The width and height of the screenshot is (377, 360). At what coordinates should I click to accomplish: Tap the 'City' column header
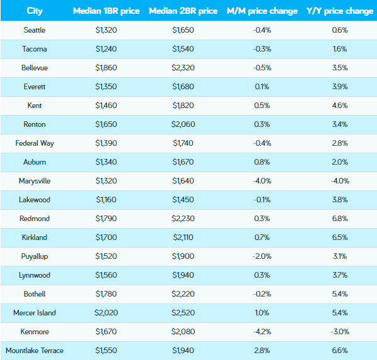[35, 11]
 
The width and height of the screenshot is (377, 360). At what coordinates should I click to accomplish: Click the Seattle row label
[35, 30]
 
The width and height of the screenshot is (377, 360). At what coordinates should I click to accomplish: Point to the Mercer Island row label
[35, 313]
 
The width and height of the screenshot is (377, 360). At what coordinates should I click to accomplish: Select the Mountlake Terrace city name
[35, 351]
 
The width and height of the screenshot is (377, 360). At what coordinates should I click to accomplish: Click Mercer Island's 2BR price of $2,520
[183, 313]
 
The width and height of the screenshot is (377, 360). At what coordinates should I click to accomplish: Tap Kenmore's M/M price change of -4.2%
[263, 332]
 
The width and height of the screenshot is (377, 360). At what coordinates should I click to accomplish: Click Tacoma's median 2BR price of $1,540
[183, 49]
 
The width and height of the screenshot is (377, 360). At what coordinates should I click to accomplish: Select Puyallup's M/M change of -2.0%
[263, 256]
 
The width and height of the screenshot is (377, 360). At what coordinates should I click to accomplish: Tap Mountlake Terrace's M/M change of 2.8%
[263, 351]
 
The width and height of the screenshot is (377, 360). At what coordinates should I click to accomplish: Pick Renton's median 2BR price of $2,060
[183, 124]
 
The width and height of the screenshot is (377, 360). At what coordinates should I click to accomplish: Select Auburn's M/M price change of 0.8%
[263, 162]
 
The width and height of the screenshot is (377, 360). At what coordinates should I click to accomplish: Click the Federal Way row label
[35, 143]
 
